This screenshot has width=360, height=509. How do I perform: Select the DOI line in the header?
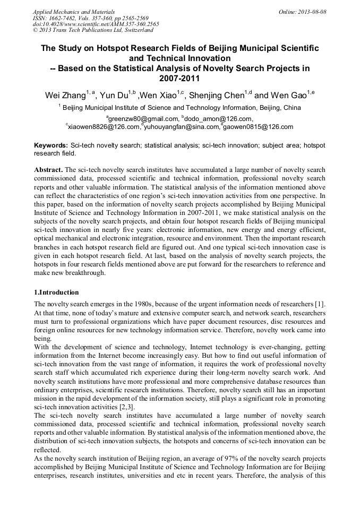[x=96, y=24]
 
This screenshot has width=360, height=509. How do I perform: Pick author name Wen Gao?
[x=287, y=96]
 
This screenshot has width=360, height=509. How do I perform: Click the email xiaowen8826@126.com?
[x=104, y=127]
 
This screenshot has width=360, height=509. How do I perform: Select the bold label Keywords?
[x=51, y=145]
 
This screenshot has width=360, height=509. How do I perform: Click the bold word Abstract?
[x=48, y=170]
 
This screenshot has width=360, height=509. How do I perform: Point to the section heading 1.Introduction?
[x=56, y=292]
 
